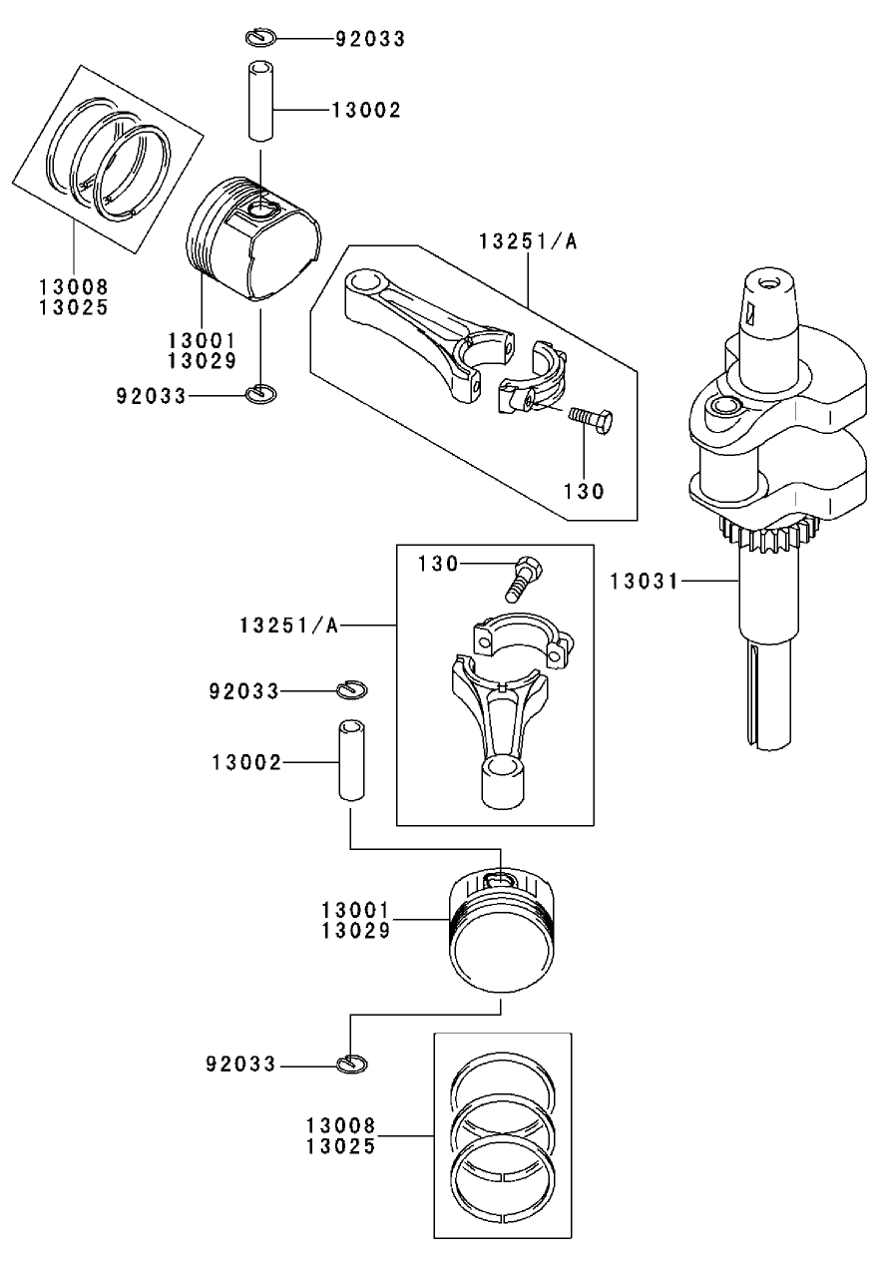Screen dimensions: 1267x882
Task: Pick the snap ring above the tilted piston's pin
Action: [x=258, y=38]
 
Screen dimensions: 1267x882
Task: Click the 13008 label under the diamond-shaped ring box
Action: [x=74, y=288]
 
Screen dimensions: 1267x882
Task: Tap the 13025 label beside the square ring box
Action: [x=341, y=1146]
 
